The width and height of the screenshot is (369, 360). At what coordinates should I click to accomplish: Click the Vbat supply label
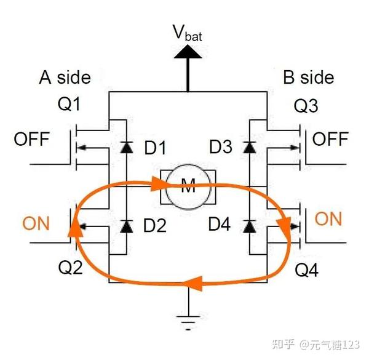pos(188,33)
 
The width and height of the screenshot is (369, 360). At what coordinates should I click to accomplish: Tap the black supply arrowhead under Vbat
pos(188,52)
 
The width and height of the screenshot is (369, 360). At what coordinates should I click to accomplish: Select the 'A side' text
pos(65,77)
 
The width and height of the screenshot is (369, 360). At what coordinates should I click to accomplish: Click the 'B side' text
pos(308,77)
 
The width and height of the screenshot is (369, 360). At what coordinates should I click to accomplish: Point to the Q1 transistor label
pos(69,104)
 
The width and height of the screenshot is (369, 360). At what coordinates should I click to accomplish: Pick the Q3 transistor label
pos(306,106)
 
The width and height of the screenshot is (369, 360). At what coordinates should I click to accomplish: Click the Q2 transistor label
pos(70,267)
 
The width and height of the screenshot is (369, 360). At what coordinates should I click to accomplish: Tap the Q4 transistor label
pos(306,270)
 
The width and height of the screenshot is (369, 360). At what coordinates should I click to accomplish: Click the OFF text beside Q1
pos(32,139)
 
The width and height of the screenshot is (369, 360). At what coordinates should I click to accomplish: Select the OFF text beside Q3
pos(330,138)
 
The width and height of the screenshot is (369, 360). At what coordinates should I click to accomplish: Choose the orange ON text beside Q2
pos(36,223)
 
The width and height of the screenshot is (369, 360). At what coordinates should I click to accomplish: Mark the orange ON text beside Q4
pos(328,218)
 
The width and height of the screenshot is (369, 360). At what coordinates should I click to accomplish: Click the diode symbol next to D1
pos(127,148)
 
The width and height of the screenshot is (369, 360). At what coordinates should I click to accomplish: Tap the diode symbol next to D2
pos(127,226)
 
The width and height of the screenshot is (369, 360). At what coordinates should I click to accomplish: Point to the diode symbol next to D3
pos(250,148)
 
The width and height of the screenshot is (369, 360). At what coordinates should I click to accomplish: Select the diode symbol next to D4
pos(250,226)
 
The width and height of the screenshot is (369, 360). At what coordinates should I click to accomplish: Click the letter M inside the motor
pos(188,186)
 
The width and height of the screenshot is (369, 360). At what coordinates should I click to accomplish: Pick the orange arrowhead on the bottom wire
pos(192,283)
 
